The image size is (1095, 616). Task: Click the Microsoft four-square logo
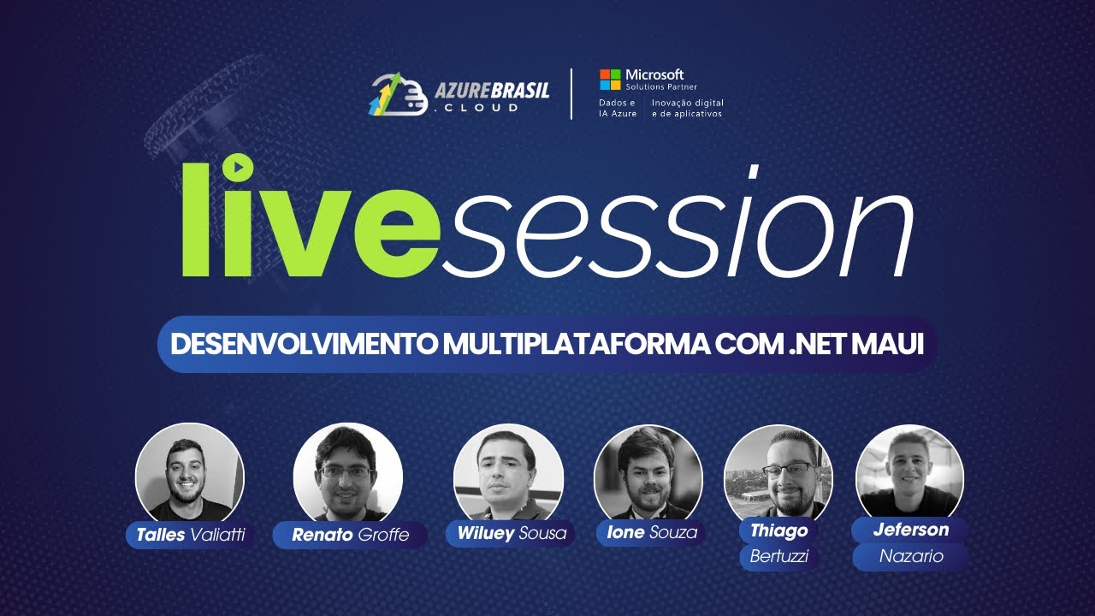coord(610,80)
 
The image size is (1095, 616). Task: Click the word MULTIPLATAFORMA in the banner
coord(576,344)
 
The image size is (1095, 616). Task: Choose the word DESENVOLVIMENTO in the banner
coord(304,344)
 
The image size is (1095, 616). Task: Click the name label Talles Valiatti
coord(191,536)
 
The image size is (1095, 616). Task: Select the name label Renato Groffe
coord(350,536)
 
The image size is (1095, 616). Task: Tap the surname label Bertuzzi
coord(778,557)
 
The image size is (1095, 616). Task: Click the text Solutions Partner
coord(660,87)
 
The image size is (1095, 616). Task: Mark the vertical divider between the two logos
coord(571,94)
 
